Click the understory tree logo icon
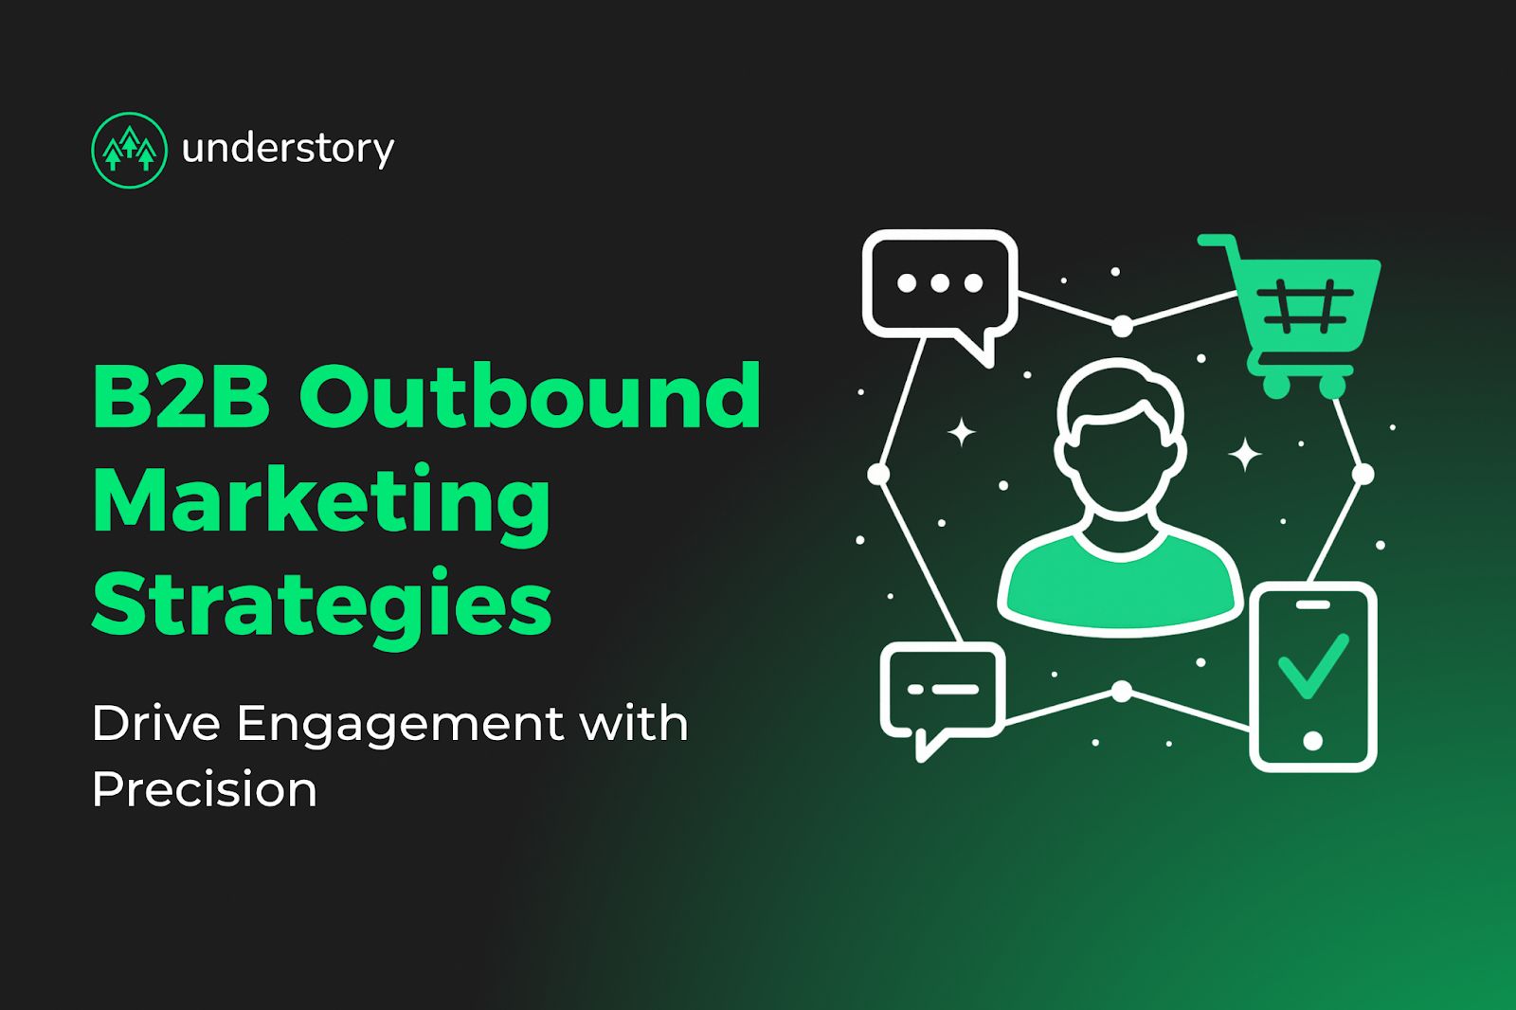click(x=129, y=150)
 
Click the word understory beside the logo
click(x=287, y=150)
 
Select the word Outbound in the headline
click(x=531, y=396)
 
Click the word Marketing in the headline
click(x=321, y=502)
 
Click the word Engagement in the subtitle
click(x=399, y=724)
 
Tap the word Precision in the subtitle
click(x=205, y=790)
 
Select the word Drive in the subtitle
click(x=156, y=724)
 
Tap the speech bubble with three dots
click(x=940, y=284)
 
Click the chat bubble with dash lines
click(x=942, y=690)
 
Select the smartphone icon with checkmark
click(x=1312, y=676)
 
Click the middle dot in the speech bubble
click(x=940, y=283)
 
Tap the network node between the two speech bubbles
click(x=878, y=473)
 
